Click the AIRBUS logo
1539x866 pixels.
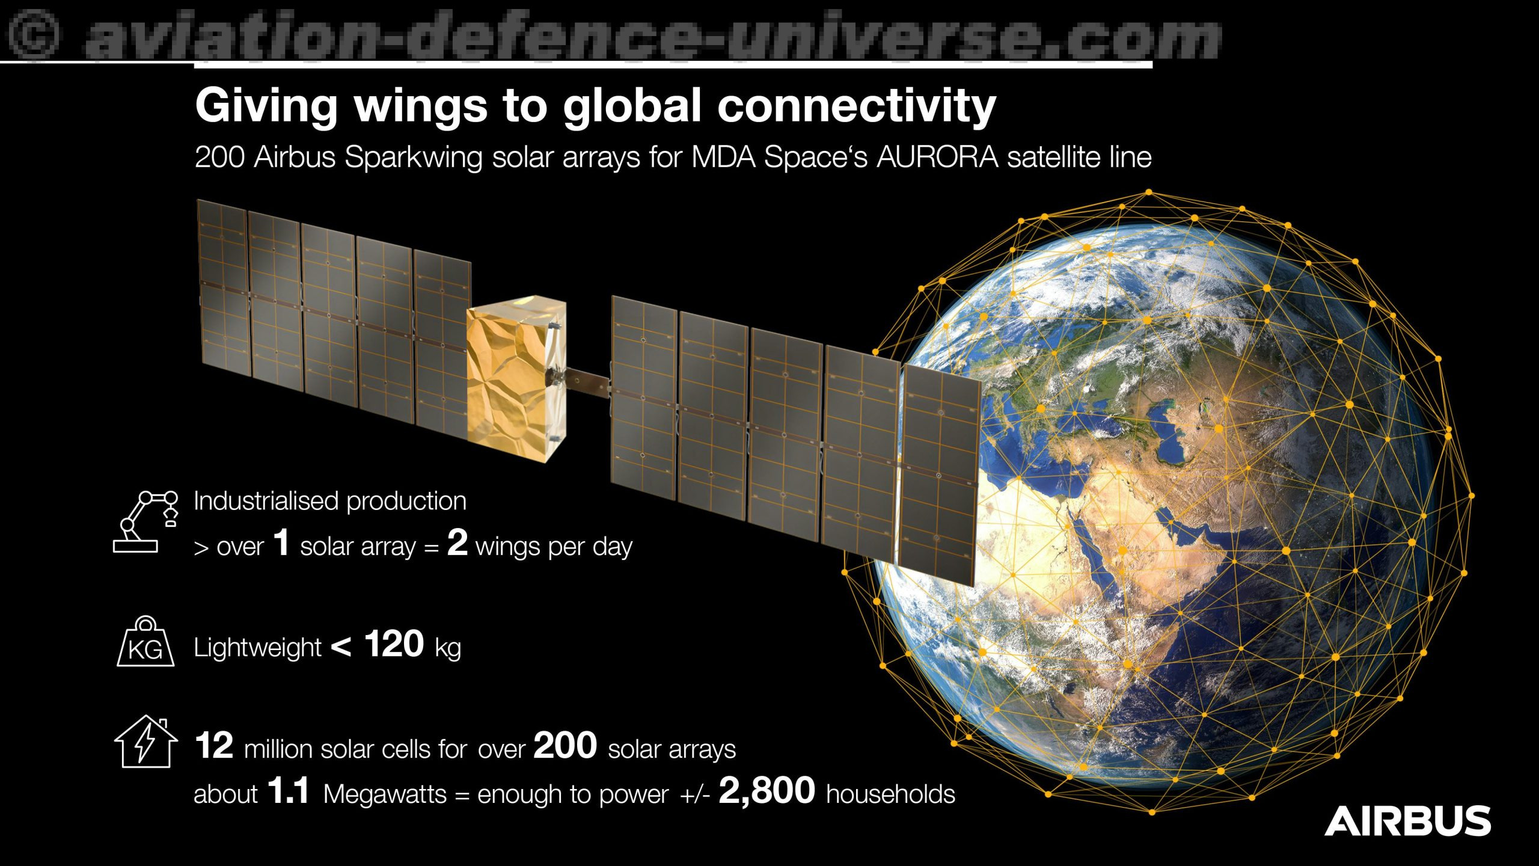tap(1407, 821)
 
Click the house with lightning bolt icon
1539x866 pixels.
tap(146, 742)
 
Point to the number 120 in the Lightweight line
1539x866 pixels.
tap(394, 644)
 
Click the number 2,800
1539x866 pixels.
tap(766, 791)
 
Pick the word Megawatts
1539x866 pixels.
tap(385, 794)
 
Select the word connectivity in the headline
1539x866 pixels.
tap(857, 106)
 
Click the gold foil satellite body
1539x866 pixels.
tap(516, 378)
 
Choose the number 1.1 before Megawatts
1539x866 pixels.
tap(289, 791)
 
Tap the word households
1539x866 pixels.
tap(891, 794)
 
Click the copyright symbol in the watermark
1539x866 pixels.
tap(34, 36)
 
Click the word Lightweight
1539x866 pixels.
tap(257, 648)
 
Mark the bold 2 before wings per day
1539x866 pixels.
tap(457, 542)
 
